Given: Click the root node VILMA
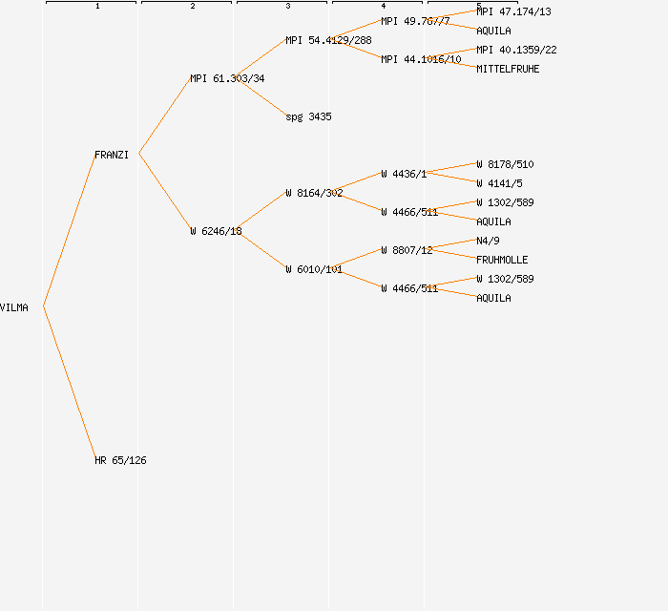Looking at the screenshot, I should [14, 307].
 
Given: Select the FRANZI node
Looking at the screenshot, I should [112, 155].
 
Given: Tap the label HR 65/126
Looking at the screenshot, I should [120, 460].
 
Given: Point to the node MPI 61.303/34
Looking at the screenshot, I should [227, 78].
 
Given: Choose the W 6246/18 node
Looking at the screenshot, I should [216, 231].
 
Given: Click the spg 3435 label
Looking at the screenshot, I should [308, 116].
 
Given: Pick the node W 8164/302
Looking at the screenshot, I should [314, 193].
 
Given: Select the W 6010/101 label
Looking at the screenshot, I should [314, 269].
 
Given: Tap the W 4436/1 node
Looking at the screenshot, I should [404, 174].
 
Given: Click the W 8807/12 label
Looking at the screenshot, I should [407, 250].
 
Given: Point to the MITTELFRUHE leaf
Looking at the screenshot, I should [508, 69].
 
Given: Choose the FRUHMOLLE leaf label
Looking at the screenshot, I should [502, 260].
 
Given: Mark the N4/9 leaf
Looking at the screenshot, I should [488, 241].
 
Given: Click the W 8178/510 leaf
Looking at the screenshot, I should [505, 164].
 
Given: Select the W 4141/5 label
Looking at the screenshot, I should [499, 183].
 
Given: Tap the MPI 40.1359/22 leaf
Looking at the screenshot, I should [516, 50].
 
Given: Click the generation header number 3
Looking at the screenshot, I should [287, 7].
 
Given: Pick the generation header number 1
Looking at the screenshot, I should [96, 7].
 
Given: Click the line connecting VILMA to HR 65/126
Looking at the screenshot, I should [69, 383].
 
